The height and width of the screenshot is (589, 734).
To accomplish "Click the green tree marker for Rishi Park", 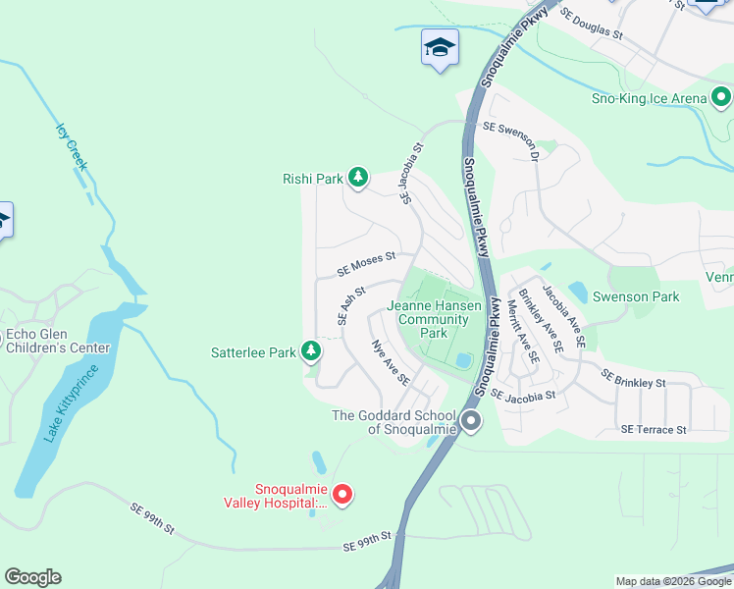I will tap(359, 178).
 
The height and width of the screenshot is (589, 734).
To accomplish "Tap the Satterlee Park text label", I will tap(253, 351).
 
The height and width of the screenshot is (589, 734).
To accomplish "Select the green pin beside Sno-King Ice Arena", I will tap(722, 97).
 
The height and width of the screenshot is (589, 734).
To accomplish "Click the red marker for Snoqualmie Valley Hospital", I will tap(341, 495).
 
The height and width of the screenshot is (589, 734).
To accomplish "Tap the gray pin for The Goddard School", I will tap(471, 422).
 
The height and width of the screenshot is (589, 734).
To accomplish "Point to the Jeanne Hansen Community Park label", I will tap(434, 319).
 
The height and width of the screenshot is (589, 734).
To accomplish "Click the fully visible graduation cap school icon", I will tap(440, 47).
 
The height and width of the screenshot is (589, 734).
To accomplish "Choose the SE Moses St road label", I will tap(365, 263).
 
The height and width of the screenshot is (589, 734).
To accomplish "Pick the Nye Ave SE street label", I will tap(390, 362).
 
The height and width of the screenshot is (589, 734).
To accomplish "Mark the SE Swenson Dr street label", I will tap(510, 137).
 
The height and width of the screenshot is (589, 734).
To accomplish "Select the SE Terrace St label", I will tap(653, 430).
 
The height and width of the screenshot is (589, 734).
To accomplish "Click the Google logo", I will tap(32, 577).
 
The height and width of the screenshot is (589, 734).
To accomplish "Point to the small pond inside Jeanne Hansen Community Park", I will tap(461, 361).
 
